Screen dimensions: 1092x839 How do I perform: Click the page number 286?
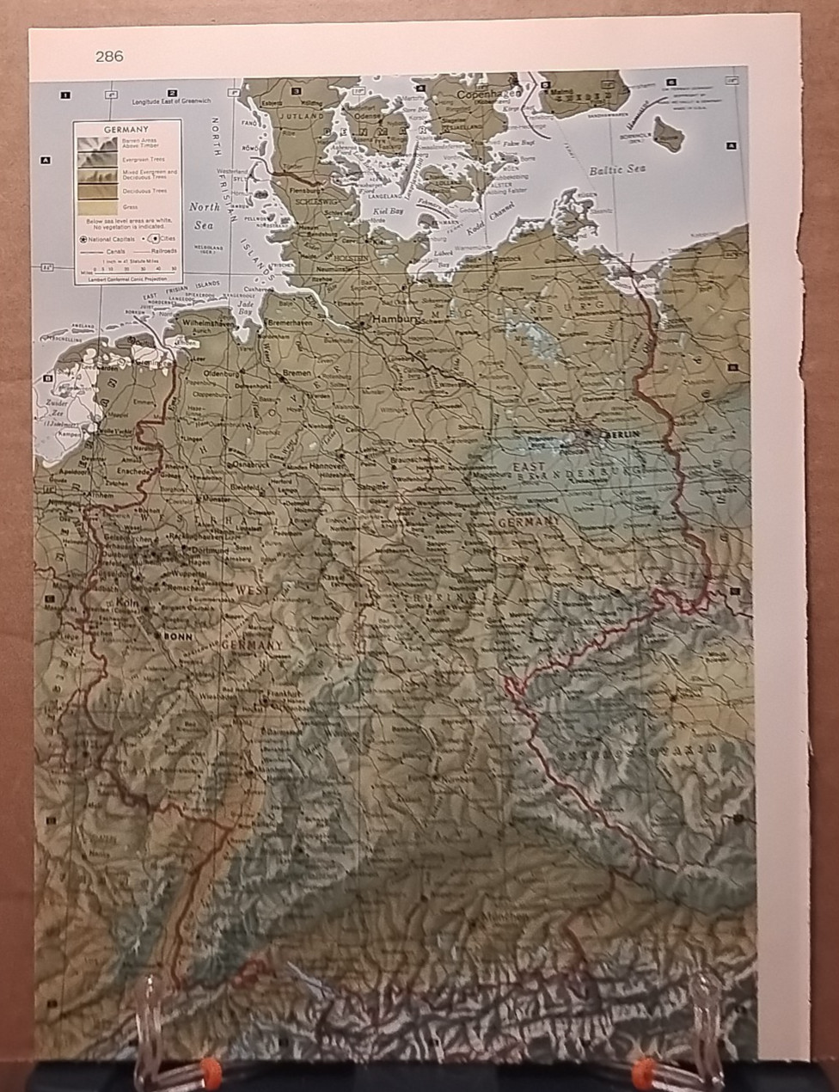pyautogui.click(x=109, y=57)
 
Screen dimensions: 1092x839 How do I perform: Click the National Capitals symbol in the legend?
pyautogui.click(x=84, y=238)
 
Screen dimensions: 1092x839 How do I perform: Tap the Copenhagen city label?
pyautogui.click(x=488, y=94)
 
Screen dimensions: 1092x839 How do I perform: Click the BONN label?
pyautogui.click(x=178, y=636)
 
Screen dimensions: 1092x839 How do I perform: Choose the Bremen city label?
pyautogui.click(x=297, y=373)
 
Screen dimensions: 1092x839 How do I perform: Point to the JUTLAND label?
pyautogui.click(x=300, y=115)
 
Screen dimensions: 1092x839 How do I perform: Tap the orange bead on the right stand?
pyautogui.click(x=641, y=1071)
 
